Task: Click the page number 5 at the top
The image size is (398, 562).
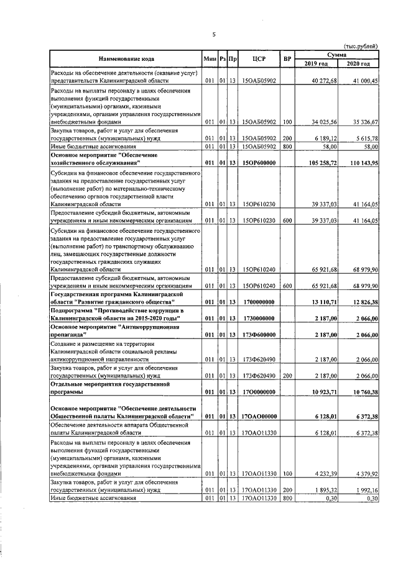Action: [x=213, y=35]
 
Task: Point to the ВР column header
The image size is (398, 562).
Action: [x=287, y=60]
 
